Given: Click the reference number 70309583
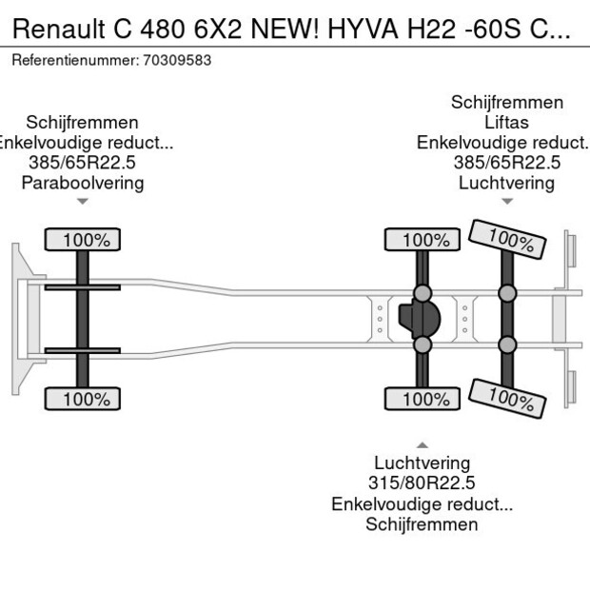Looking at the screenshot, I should [x=176, y=60].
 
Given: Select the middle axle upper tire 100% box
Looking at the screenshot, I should [x=420, y=240].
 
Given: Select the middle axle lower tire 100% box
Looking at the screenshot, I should [x=420, y=400].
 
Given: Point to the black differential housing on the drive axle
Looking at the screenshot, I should [x=419, y=319].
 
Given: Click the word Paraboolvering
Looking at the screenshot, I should [x=83, y=183].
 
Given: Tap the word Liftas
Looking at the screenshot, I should [x=506, y=123].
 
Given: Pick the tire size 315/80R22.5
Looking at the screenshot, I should [x=422, y=483].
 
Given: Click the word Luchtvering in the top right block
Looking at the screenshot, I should [x=506, y=183].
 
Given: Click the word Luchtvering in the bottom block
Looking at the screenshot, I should [x=422, y=463].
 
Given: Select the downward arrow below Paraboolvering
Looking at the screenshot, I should [x=83, y=201].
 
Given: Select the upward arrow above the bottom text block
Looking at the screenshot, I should [x=422, y=444].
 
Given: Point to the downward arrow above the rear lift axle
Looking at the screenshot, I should [x=507, y=201].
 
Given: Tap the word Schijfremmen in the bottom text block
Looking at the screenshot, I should [x=422, y=524].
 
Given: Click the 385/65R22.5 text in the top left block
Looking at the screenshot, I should [x=83, y=163].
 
